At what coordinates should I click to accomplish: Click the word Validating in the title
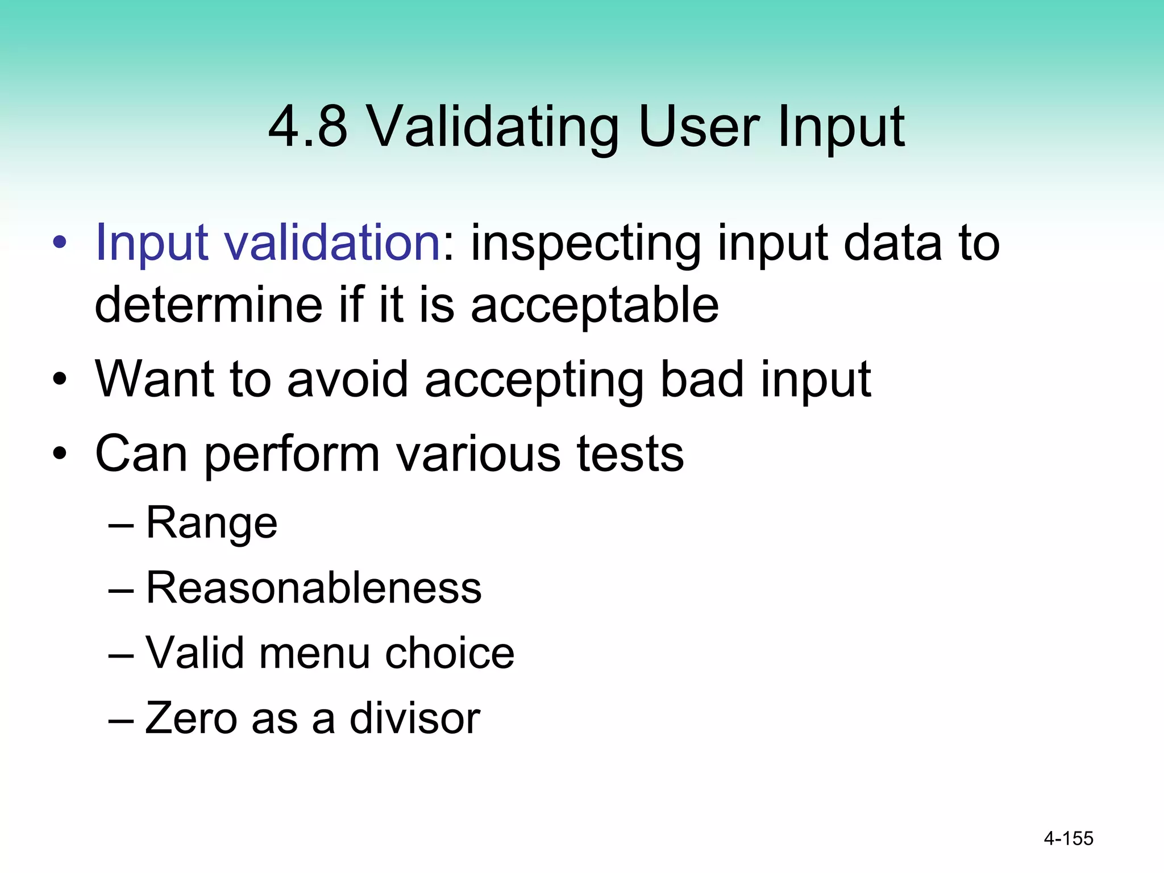(492, 128)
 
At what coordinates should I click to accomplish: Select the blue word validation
(334, 243)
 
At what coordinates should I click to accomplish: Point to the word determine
(208, 305)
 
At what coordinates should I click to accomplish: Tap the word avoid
(348, 379)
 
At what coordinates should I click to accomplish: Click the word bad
(702, 379)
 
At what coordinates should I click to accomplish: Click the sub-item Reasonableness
(314, 588)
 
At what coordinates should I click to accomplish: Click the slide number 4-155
(1069, 838)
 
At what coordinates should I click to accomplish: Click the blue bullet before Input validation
(60, 243)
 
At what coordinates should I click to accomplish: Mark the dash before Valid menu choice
(121, 654)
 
